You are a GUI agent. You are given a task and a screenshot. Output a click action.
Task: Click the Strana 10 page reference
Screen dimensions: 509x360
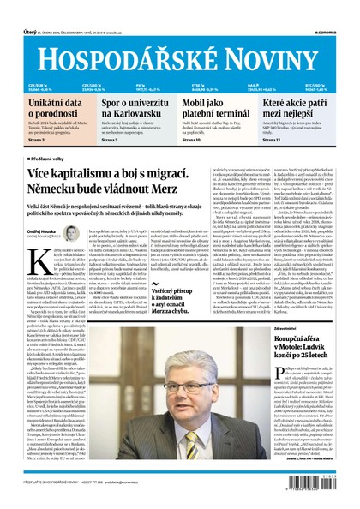[x=195, y=139]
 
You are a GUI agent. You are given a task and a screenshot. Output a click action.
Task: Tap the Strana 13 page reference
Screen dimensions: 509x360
[x=278, y=139]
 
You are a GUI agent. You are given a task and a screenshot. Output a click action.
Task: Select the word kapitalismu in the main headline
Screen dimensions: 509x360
[x=86, y=175]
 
